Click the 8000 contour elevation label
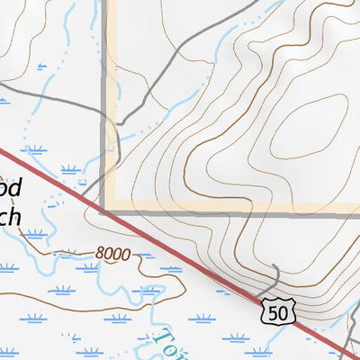click(113, 255)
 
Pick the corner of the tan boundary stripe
click(106, 210)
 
